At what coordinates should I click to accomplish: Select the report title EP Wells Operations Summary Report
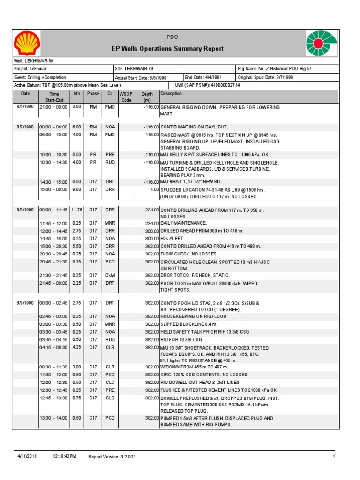[x=167, y=49]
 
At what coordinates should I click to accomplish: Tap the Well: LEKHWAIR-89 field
[x=31, y=61]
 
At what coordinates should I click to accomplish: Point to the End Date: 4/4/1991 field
[x=204, y=77]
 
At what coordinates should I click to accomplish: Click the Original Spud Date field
[x=266, y=77]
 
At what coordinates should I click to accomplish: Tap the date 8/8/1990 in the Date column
[x=25, y=210]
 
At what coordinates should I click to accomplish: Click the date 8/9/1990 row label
[x=25, y=303]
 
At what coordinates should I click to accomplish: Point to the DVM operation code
[x=110, y=275]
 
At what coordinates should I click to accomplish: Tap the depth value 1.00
[x=154, y=190]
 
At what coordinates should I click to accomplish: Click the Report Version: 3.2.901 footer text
[x=112, y=457]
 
